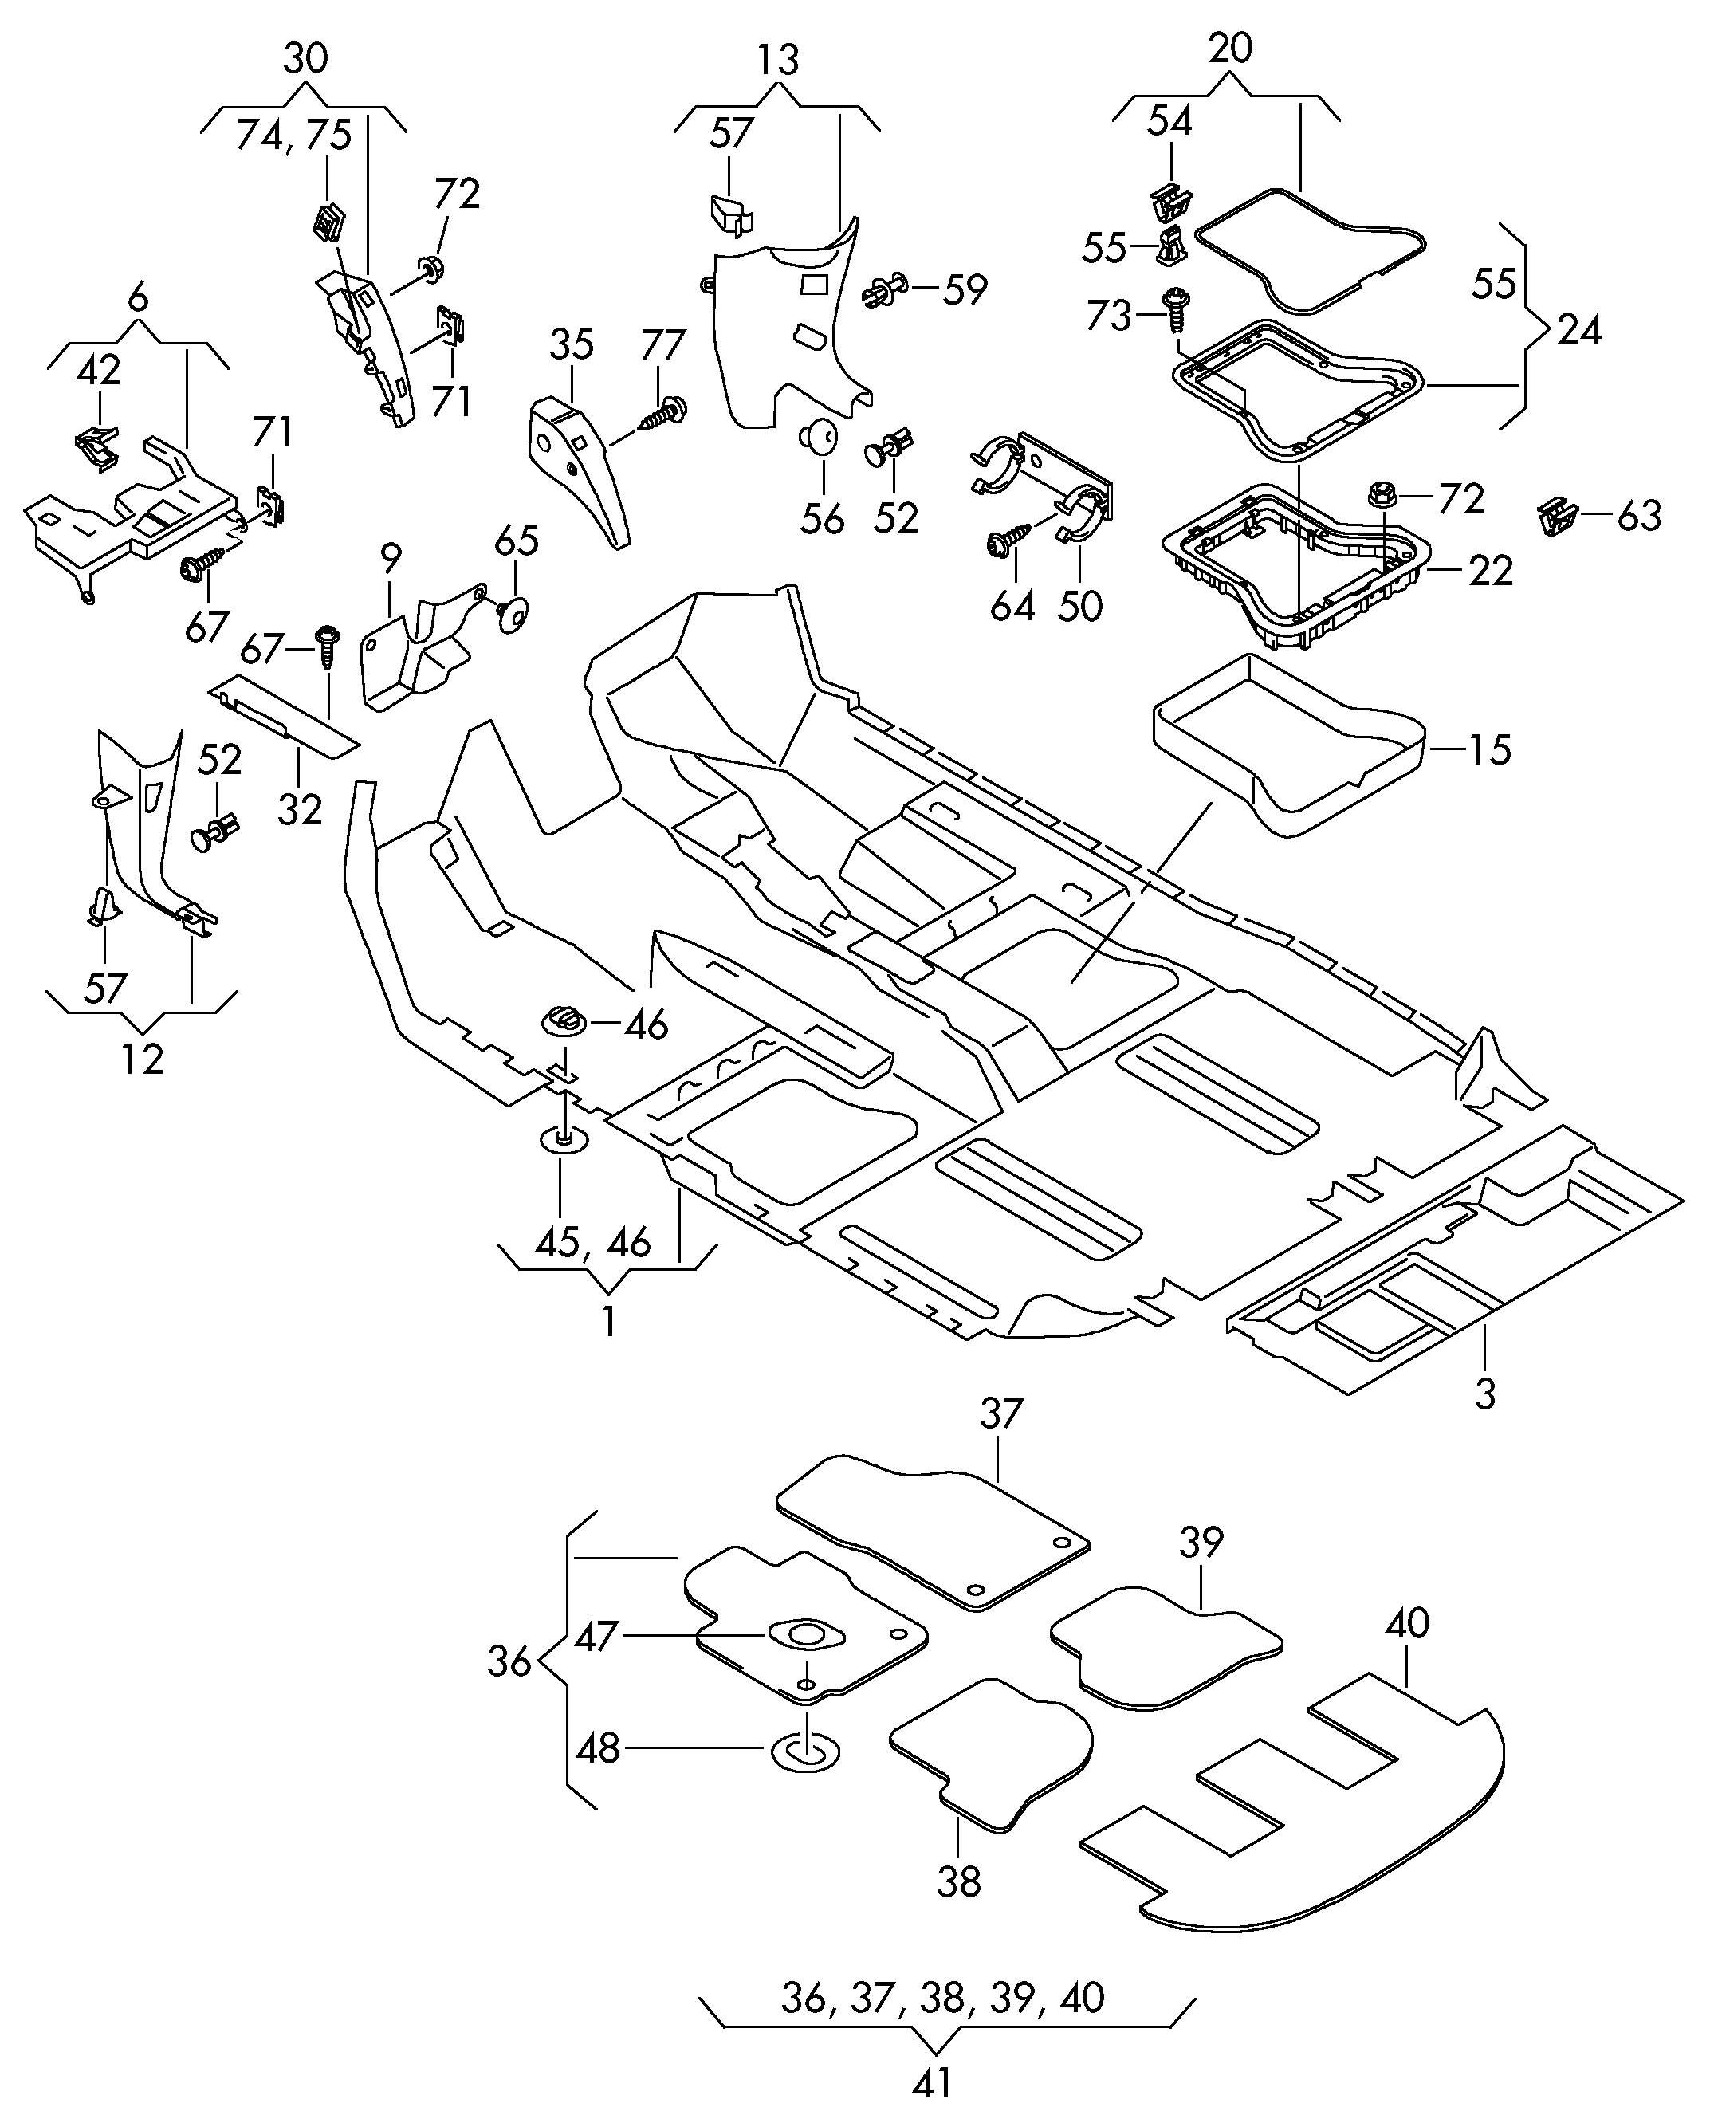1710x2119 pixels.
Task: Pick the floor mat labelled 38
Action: [990, 1754]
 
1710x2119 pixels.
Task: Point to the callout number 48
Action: [598, 1748]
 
